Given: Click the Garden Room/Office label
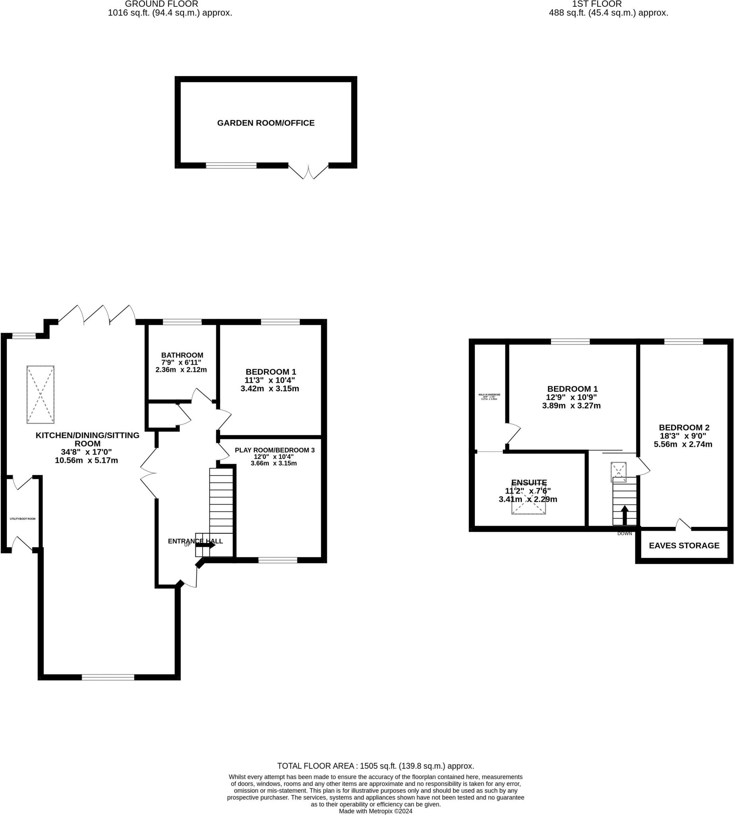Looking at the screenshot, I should pyautogui.click(x=266, y=123).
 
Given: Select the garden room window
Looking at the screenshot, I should pyautogui.click(x=231, y=165).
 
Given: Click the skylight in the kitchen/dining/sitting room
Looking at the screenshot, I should pyautogui.click(x=40, y=394).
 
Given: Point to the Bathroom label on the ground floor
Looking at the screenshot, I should pyautogui.click(x=182, y=355).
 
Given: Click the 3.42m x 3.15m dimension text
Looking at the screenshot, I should pyautogui.click(x=270, y=389).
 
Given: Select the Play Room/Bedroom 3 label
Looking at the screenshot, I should pyautogui.click(x=274, y=450).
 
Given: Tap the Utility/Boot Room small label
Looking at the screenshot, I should pyautogui.click(x=23, y=519).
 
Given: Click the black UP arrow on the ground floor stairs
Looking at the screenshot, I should pyautogui.click(x=205, y=544).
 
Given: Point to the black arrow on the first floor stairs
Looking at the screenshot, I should pyautogui.click(x=624, y=515).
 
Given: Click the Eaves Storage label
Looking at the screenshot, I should pyautogui.click(x=684, y=546).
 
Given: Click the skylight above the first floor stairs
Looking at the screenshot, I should pyautogui.click(x=618, y=472).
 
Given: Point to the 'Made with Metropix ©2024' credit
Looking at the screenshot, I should pyautogui.click(x=375, y=811).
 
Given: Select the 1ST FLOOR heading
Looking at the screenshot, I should pyautogui.click(x=597, y=4).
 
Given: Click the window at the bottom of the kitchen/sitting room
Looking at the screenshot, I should pyautogui.click(x=108, y=677).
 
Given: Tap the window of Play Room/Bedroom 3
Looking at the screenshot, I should pyautogui.click(x=278, y=560).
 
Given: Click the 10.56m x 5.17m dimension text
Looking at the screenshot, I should pyautogui.click(x=86, y=460).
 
